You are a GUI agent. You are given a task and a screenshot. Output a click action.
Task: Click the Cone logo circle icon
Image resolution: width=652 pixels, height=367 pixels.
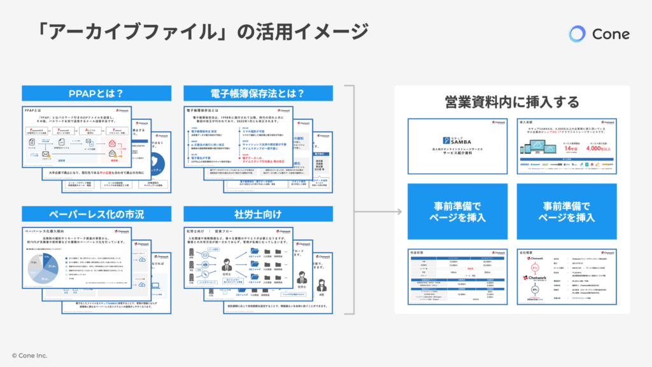click(x=578, y=34)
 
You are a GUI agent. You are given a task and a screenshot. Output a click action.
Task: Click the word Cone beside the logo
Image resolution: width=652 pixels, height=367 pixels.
click(x=611, y=34)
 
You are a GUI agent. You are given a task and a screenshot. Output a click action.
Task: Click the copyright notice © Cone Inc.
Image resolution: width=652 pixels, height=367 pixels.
click(x=29, y=355)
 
